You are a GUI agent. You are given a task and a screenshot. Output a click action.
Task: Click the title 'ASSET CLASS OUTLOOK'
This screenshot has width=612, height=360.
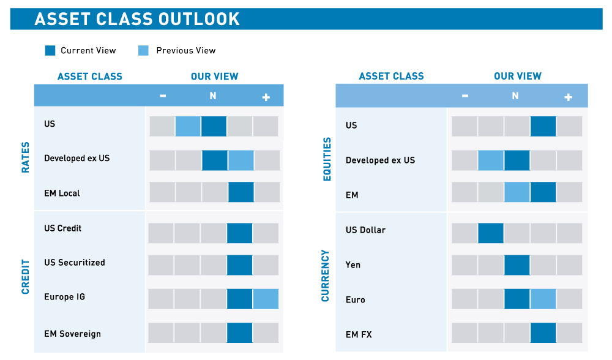[x=137, y=19]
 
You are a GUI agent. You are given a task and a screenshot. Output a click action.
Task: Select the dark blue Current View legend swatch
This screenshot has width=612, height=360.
[x=50, y=51]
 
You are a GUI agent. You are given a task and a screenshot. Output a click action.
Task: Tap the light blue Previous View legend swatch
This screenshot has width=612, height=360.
[x=143, y=51]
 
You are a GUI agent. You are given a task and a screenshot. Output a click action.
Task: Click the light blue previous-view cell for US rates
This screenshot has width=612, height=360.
[x=188, y=126]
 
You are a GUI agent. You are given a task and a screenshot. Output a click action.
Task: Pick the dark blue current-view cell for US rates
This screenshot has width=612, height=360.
[x=214, y=126]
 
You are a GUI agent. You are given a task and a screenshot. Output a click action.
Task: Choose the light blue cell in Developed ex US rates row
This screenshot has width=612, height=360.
[x=241, y=160]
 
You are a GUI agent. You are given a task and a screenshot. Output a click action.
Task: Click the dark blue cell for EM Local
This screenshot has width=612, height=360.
[x=241, y=192]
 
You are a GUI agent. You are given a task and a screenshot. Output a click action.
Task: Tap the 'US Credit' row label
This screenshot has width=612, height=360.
[x=62, y=228]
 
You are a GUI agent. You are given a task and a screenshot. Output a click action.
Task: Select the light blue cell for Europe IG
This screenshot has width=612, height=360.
[x=266, y=299]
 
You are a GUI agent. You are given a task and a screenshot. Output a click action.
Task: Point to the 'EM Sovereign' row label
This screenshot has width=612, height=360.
[x=72, y=334]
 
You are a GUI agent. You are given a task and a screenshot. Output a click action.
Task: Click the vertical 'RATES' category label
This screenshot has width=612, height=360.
[x=26, y=157]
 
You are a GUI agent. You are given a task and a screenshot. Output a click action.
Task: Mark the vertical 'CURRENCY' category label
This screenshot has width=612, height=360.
[x=326, y=276]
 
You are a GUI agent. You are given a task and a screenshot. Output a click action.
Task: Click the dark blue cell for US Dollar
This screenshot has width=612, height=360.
[x=490, y=233]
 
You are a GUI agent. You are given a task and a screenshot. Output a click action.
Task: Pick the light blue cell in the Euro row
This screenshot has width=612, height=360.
[x=543, y=299]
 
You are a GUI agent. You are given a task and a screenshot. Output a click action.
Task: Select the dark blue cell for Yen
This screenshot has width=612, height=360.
[x=517, y=265]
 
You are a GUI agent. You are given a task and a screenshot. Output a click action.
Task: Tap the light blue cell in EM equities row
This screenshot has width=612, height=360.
[x=517, y=192]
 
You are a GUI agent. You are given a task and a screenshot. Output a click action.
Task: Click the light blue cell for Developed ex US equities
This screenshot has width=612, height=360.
[x=490, y=160]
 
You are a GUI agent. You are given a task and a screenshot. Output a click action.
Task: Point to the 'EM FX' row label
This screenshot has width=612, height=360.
[x=359, y=335]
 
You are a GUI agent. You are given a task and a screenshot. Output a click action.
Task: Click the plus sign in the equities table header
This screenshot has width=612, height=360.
[x=568, y=97]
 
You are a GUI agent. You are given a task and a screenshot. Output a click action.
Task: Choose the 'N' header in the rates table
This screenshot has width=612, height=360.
[x=213, y=96]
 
